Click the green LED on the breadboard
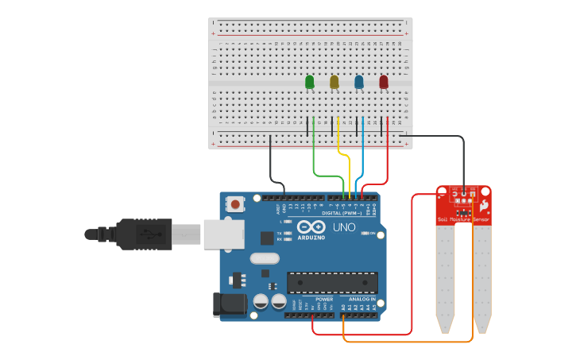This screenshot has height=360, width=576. tap(310, 81)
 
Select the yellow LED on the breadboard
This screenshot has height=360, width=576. tap(334, 81)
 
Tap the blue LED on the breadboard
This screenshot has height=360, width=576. tap(359, 81)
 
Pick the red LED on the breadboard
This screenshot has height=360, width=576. tap(384, 81)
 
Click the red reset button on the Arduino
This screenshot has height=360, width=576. tap(235, 203)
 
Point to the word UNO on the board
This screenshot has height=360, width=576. tap(343, 228)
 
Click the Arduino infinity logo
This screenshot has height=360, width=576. tap(311, 227)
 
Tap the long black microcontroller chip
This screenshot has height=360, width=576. tap(332, 282)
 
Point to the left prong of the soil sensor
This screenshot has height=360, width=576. tap(445, 278)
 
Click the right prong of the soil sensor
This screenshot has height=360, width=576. tap(482, 278)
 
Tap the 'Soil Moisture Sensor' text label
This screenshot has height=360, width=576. tap(463, 219)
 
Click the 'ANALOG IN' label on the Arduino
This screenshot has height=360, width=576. tap(361, 299)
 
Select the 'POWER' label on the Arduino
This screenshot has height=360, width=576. tap(324, 299)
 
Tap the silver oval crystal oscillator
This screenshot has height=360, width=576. tap(265, 257)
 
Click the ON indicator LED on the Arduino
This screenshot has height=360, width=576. tap(366, 233)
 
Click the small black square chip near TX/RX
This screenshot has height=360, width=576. tap(266, 237)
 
